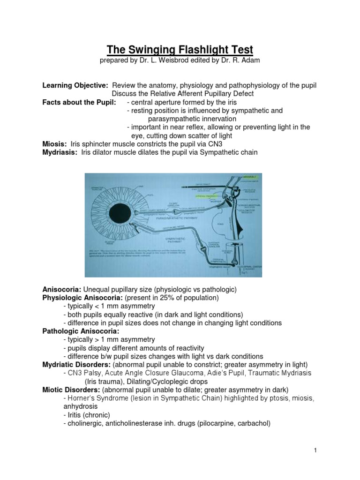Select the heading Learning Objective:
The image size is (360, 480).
[75, 85]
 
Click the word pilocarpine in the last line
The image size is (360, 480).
[215, 423]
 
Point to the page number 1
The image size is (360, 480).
[316, 451]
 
